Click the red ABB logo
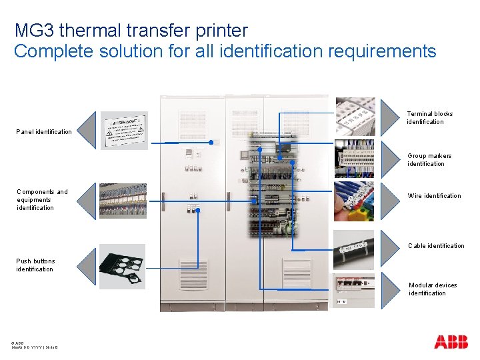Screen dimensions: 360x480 (x=451, y=342)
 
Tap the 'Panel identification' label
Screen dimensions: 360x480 (x=44, y=132)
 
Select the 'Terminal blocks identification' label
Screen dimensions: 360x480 (x=429, y=118)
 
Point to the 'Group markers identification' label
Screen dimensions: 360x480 (x=429, y=160)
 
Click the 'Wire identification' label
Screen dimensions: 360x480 (x=434, y=196)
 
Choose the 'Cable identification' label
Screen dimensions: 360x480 (x=436, y=246)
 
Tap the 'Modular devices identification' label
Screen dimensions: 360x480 (x=433, y=289)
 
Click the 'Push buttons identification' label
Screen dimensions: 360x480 (x=35, y=265)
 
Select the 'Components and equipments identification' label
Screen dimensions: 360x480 (x=42, y=200)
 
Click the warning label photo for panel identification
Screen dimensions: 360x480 (x=125, y=131)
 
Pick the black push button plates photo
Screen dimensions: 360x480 (x=122, y=267)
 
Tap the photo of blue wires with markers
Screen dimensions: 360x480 (x=354, y=201)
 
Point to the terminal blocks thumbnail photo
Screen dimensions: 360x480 (x=355, y=117)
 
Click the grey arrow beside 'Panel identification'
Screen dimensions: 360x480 (x=87, y=131)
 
